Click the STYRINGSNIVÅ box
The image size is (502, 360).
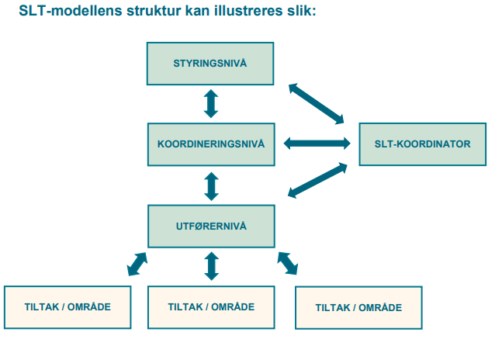tap(210, 64)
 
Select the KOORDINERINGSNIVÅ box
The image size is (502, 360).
tap(211, 144)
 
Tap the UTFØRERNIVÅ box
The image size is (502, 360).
tap(211, 227)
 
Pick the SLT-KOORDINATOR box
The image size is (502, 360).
tap(423, 144)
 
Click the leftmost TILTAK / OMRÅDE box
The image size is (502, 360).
tap(68, 307)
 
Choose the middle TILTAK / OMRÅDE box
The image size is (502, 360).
tap(211, 307)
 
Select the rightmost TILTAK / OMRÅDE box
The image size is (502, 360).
tap(358, 307)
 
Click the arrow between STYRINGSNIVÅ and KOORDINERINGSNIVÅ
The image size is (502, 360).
tap(211, 104)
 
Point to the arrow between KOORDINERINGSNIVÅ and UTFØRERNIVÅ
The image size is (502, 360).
tap(211, 186)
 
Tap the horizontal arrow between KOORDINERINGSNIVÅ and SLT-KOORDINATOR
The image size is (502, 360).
tap(317, 143)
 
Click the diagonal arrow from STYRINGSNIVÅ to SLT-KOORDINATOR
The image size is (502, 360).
tap(317, 104)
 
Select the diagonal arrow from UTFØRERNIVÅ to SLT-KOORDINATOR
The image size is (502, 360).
tap(317, 180)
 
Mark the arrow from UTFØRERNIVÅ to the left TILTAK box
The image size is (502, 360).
tap(137, 264)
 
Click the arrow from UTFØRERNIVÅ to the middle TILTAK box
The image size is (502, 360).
tap(211, 266)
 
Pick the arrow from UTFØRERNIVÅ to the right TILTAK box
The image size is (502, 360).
tap(288, 263)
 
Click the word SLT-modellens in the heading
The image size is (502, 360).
tap(71, 11)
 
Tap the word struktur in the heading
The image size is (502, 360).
tap(154, 11)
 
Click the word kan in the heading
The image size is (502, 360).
tap(198, 11)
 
